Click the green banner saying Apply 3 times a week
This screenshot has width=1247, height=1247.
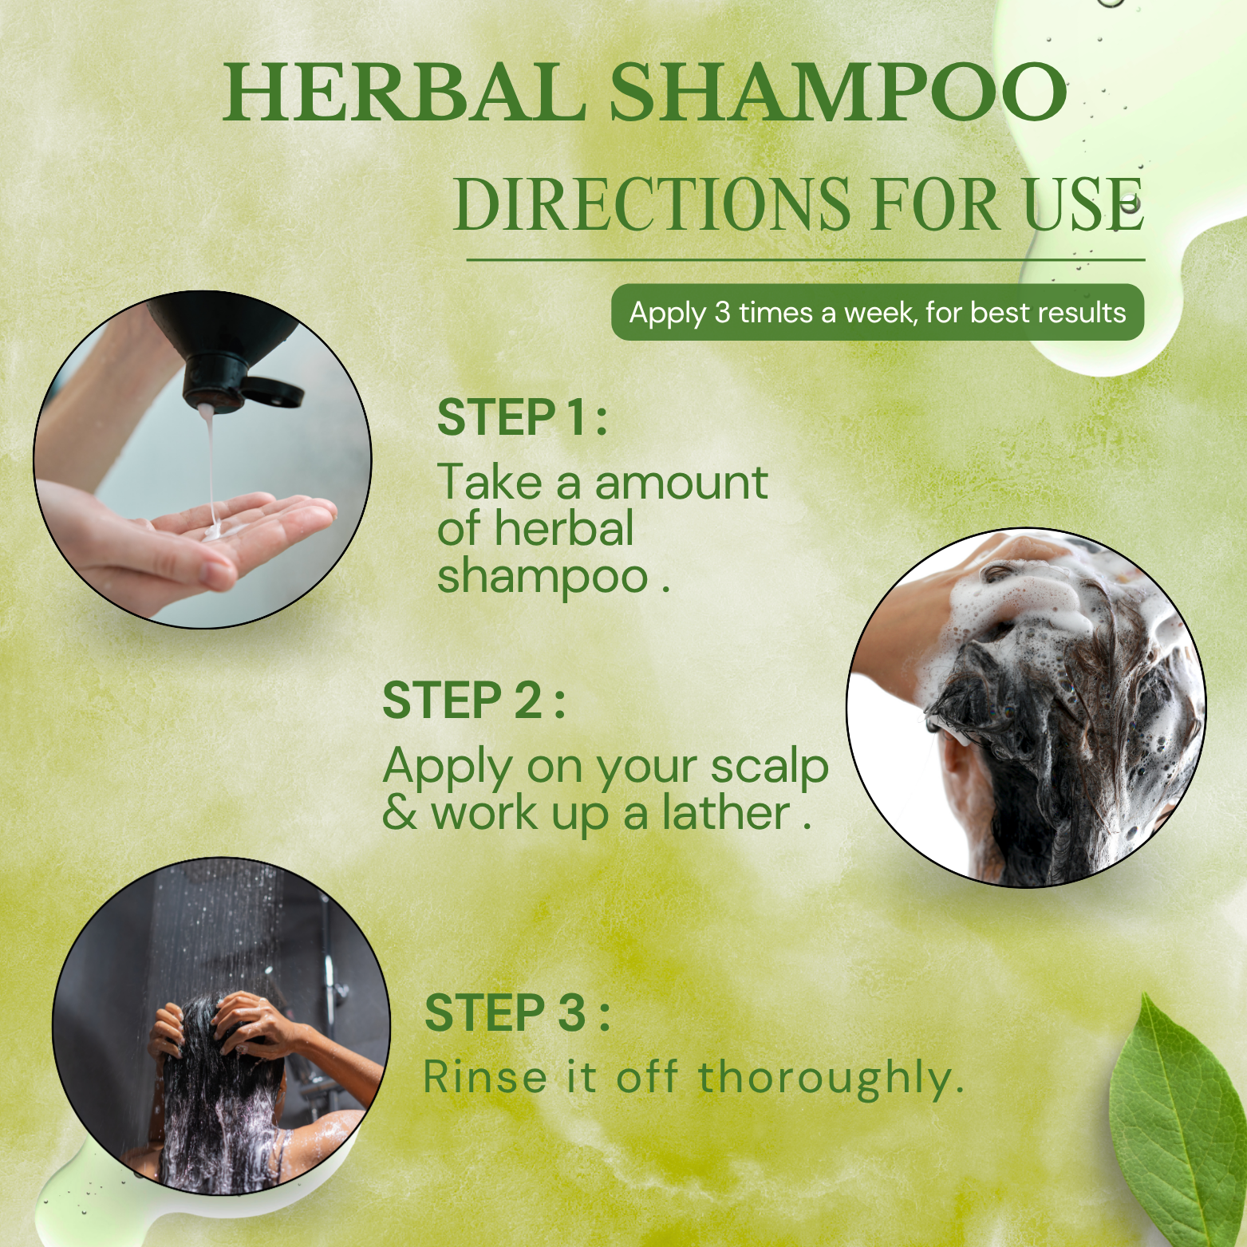pos(878,312)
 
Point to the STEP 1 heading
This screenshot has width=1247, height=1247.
pos(523,417)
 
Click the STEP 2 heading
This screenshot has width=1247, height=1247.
pos(474,700)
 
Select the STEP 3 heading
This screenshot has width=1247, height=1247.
pos(517,1012)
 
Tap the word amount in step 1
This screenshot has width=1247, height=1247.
pos(681,483)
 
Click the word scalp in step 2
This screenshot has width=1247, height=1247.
pos(770,768)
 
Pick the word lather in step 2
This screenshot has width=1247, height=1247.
pos(726,813)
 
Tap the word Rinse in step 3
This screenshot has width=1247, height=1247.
pos(485,1077)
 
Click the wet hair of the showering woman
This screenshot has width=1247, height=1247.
pos(215,1101)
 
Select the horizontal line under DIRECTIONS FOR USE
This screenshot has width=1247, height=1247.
pos(806,259)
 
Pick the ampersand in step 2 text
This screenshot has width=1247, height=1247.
pos(400,813)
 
